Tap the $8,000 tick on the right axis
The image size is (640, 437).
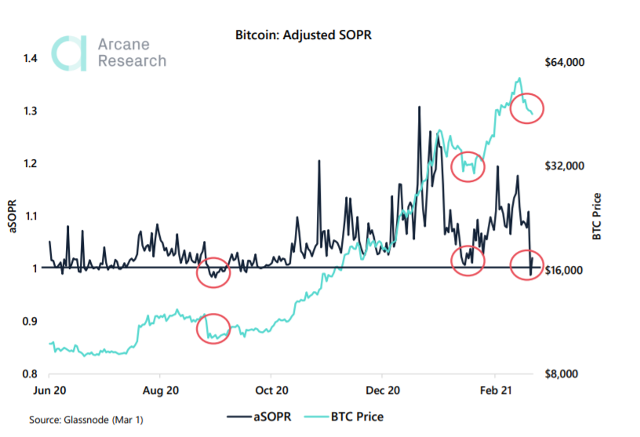point(564,373)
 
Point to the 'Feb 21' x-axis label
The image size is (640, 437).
point(495,389)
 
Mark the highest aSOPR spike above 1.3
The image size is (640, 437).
point(419,106)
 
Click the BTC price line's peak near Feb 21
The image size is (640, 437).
point(518,78)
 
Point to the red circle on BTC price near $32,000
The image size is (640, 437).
point(468,166)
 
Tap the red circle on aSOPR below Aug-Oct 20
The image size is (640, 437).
point(214,272)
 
